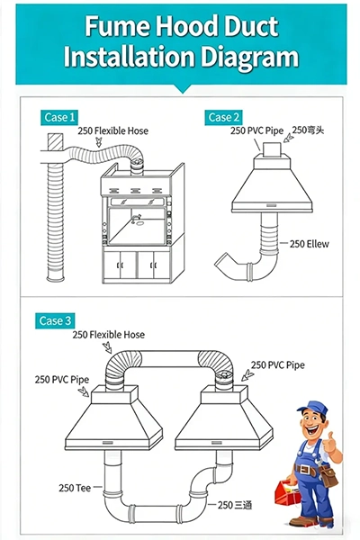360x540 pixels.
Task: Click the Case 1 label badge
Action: [59, 117]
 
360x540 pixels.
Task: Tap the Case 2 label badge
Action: [223, 117]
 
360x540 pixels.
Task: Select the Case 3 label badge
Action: [55, 321]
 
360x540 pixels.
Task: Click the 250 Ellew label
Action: [309, 244]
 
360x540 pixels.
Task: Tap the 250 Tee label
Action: [75, 488]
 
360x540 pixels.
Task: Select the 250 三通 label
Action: [235, 505]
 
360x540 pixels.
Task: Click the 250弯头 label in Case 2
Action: [308, 130]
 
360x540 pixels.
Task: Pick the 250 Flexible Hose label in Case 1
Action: [113, 130]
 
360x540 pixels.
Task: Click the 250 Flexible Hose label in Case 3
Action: [109, 335]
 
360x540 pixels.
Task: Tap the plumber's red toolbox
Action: [287, 490]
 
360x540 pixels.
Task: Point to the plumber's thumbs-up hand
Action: [333, 444]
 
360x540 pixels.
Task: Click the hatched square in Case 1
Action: [55, 142]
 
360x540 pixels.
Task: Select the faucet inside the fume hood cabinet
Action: [137, 217]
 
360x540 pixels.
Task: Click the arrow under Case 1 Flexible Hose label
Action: [99, 141]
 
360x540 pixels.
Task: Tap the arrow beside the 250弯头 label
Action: [288, 138]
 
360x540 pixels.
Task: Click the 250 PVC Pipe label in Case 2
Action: [257, 130]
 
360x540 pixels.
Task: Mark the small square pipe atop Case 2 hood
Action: [273, 149]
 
